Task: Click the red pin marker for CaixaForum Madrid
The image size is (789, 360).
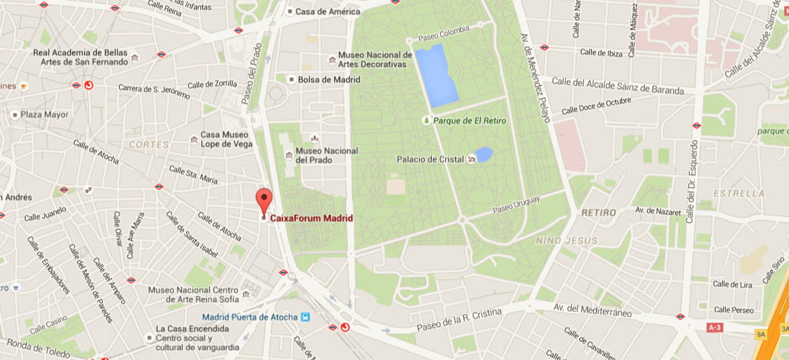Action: click(264, 200)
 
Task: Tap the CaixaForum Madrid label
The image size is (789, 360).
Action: click(311, 218)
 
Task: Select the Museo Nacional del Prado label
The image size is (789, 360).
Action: click(327, 155)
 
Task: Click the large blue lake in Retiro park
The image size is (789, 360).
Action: click(436, 75)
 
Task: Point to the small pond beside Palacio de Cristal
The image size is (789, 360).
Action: click(484, 154)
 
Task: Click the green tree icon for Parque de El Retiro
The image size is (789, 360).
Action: click(426, 120)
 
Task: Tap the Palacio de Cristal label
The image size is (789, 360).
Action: click(430, 159)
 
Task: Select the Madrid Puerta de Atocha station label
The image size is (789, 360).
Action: click(251, 318)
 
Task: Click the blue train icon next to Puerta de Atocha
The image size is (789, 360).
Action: click(306, 317)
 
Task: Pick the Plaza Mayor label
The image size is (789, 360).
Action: click(44, 114)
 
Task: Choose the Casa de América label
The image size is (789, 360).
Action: click(328, 11)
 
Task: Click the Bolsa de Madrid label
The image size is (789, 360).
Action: click(328, 79)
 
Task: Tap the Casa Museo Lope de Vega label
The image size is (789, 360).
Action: click(226, 139)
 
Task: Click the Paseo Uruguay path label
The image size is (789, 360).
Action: click(516, 205)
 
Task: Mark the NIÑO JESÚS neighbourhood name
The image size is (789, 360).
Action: click(566, 240)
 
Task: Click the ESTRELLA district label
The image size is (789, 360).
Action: click(739, 193)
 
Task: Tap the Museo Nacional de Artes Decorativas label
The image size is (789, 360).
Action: click(375, 59)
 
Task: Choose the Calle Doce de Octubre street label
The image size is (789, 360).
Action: click(596, 105)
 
